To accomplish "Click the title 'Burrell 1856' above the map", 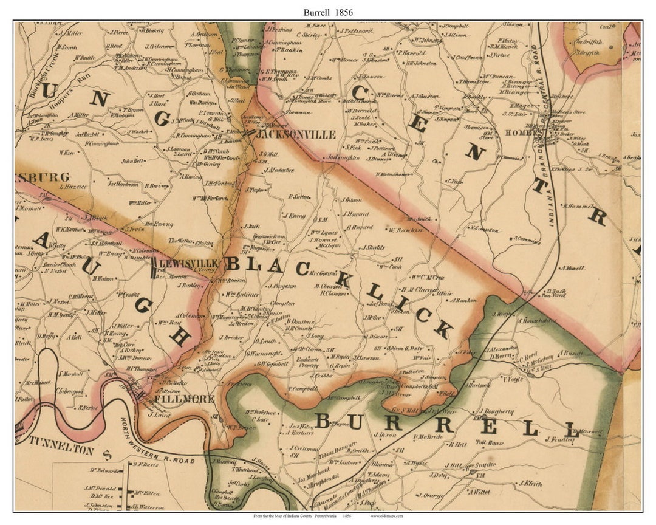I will (328, 12).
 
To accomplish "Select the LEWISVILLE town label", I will (188, 264).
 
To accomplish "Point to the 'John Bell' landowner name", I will (132, 161).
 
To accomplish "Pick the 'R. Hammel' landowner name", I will (576, 206).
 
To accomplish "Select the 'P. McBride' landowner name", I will (427, 436).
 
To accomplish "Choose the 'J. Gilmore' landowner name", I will (160, 46).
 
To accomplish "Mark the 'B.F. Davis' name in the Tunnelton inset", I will (145, 465).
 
